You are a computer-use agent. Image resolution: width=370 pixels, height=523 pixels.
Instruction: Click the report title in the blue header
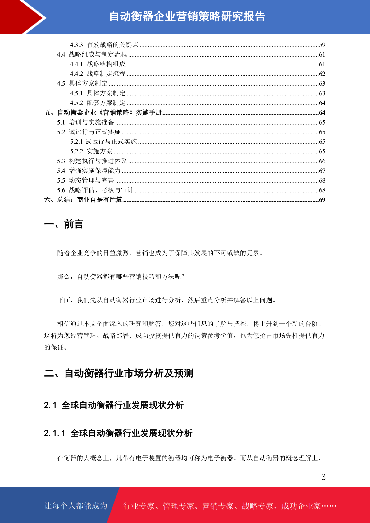187,16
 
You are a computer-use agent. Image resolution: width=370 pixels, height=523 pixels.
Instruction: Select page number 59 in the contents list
322,45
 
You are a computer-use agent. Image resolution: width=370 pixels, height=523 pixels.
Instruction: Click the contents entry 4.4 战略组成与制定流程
92,54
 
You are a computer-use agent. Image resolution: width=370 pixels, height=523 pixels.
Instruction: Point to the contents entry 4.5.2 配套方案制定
98,103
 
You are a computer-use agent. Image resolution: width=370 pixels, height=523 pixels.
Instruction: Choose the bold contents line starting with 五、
103,112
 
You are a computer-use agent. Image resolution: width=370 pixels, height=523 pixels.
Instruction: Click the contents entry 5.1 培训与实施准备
85,122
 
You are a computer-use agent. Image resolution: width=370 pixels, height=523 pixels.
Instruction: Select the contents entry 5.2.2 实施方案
91,151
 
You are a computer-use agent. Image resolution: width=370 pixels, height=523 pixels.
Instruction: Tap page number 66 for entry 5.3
322,161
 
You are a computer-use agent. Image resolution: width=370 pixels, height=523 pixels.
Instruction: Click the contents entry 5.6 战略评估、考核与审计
95,190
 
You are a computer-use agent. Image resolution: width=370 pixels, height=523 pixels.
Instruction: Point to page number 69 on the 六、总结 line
322,200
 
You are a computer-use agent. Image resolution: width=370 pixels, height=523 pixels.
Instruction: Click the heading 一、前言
64,224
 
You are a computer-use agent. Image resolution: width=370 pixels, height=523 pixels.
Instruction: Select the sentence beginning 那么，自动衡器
121,276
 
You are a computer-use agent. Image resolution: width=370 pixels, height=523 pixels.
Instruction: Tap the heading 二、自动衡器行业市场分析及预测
119,373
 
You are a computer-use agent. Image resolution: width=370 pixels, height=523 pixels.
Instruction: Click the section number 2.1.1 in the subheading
55,433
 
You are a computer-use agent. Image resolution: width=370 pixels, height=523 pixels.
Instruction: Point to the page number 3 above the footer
323,477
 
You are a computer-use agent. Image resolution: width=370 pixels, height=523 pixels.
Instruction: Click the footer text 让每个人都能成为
76,506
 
